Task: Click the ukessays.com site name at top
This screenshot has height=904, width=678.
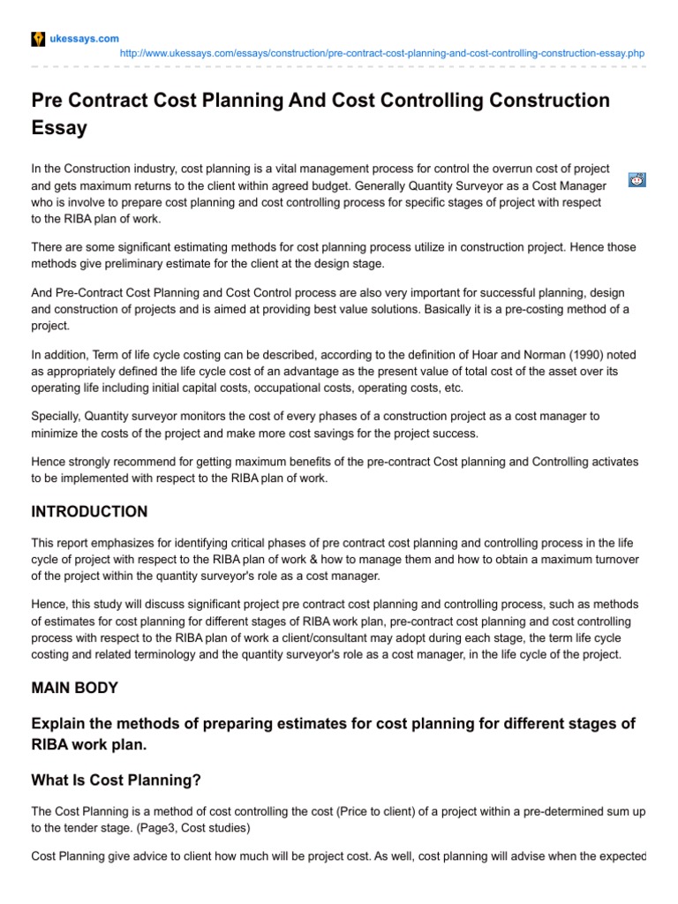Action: [x=85, y=39]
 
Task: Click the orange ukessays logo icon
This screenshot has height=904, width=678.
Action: [x=38, y=39]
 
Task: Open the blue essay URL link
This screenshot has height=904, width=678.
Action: [x=381, y=54]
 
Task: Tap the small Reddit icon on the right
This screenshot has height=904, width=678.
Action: [x=637, y=179]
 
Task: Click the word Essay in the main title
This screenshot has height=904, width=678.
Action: [x=59, y=128]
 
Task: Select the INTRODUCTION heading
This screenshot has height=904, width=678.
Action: [x=89, y=512]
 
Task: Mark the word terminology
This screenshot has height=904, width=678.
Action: [x=166, y=654]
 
